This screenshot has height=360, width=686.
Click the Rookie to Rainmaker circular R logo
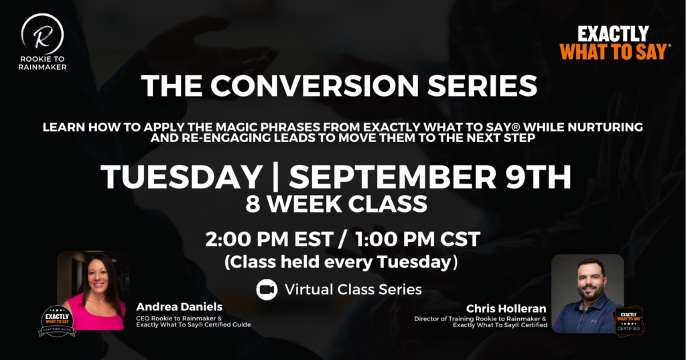(42, 34)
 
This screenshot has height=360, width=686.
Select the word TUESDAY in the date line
(182, 178)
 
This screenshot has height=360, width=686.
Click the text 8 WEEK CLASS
(336, 204)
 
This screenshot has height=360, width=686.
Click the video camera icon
(267, 290)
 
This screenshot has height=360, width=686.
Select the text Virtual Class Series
(353, 290)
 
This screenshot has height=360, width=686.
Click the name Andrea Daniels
(180, 306)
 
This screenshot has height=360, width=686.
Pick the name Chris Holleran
(506, 308)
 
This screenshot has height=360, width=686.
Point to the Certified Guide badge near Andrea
(58, 321)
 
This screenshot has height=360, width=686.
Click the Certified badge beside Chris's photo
(628, 321)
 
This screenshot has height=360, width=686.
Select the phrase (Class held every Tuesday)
(341, 262)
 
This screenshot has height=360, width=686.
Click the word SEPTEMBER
(393, 178)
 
